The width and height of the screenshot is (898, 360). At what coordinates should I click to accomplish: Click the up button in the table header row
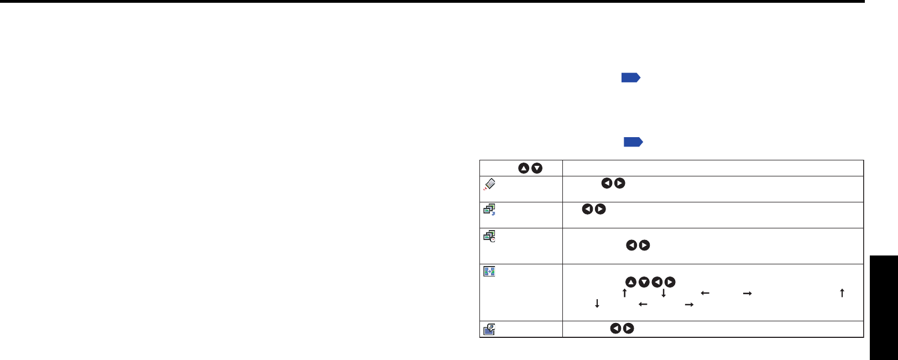pyautogui.click(x=524, y=168)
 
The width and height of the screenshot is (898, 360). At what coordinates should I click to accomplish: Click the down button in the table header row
pyautogui.click(x=536, y=168)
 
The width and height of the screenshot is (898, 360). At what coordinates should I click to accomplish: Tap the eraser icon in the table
pyautogui.click(x=489, y=185)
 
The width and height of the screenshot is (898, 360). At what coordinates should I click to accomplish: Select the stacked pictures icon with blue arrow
pyautogui.click(x=489, y=210)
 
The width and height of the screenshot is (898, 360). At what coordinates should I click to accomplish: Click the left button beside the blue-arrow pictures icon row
pyautogui.click(x=587, y=209)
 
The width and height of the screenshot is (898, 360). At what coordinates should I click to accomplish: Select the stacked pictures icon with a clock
pyautogui.click(x=489, y=236)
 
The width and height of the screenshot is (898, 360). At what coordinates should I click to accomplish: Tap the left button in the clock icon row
pyautogui.click(x=631, y=245)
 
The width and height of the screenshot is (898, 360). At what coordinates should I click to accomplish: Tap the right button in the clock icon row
pyautogui.click(x=644, y=245)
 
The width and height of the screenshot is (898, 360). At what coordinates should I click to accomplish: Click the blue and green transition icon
pyautogui.click(x=489, y=272)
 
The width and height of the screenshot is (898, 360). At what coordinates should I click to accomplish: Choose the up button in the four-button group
pyautogui.click(x=630, y=282)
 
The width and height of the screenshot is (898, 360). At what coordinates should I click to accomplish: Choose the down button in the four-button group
pyautogui.click(x=644, y=282)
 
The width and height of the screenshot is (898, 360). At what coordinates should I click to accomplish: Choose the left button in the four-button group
pyautogui.click(x=657, y=282)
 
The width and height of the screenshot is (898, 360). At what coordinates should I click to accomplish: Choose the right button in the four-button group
pyautogui.click(x=670, y=282)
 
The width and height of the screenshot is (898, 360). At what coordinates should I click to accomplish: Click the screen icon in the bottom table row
pyautogui.click(x=489, y=330)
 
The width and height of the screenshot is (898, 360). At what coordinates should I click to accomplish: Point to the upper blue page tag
pyautogui.click(x=630, y=77)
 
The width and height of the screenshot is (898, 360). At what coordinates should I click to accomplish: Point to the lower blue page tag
pyautogui.click(x=633, y=142)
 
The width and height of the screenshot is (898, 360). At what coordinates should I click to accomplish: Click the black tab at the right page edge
pyautogui.click(x=884, y=307)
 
